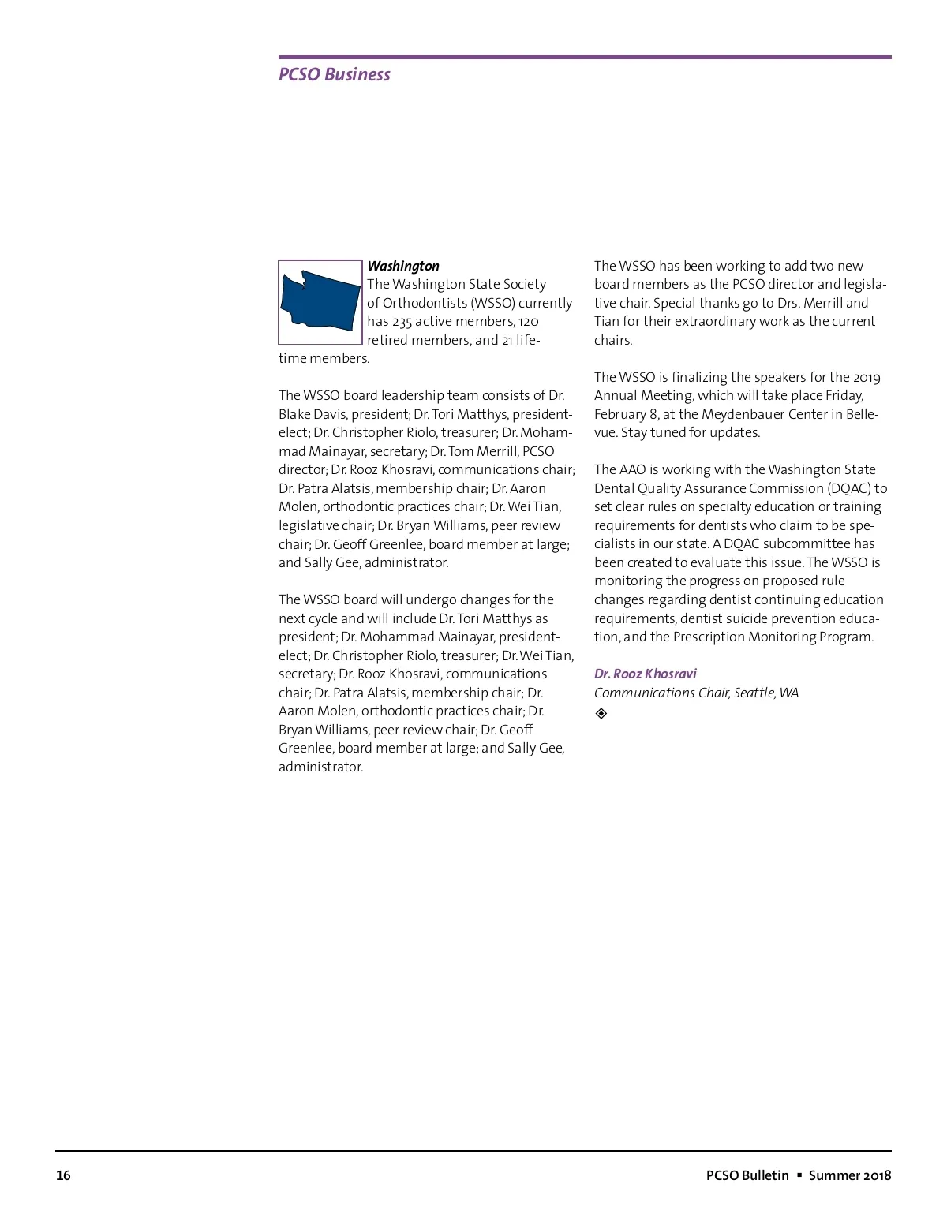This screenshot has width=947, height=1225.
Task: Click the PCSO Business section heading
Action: click(334, 74)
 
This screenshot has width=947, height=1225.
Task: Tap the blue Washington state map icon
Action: click(320, 301)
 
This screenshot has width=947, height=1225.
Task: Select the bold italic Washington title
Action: click(403, 266)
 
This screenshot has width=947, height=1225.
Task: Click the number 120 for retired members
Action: click(528, 321)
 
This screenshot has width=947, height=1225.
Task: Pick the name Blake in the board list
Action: click(296, 414)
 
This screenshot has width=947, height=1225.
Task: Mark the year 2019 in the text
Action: click(867, 377)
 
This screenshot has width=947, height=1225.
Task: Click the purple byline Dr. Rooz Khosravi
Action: click(645, 674)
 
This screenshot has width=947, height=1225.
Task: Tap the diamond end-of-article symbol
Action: click(601, 713)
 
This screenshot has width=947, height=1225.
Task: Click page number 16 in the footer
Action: click(63, 1175)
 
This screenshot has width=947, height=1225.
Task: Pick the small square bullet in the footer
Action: click(799, 1175)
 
